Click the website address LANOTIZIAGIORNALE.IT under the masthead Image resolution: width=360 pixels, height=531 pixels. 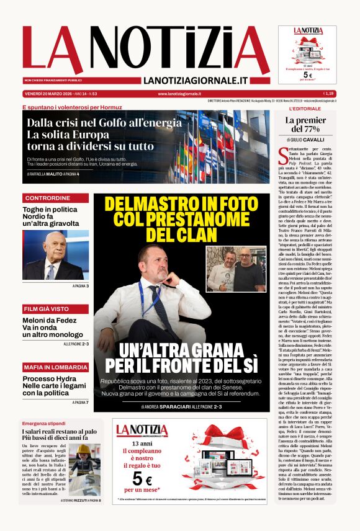coord(196,81)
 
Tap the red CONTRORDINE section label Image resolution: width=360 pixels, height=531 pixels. coord(47,198)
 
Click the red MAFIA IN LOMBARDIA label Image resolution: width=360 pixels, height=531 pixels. coord(55,367)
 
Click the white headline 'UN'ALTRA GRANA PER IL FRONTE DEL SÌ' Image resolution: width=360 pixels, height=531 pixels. coord(181,358)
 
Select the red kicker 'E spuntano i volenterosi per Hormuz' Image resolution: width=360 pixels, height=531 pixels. coord(76,107)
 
